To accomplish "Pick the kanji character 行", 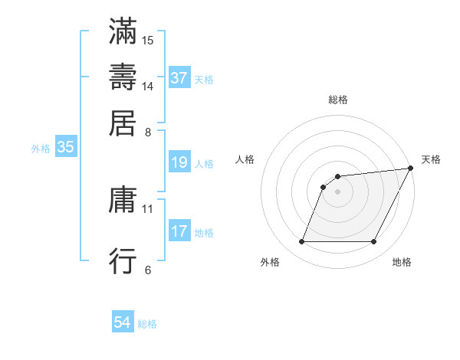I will tap(123, 261).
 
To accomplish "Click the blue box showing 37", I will tap(179, 78).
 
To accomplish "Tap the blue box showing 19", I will tap(179, 162).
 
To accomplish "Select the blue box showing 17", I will tap(179, 231).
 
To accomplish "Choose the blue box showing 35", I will tap(65, 148).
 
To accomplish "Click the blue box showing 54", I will tap(123, 322).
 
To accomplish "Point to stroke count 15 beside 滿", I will tap(148, 39).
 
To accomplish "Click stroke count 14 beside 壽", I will tap(148, 87).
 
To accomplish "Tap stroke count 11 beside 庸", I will tap(148, 208).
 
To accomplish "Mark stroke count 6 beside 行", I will tap(148, 270).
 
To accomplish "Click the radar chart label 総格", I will tap(338, 100).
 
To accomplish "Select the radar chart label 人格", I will tap(245, 159).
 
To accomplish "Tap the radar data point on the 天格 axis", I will tap(411, 169).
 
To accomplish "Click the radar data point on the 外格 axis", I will tap(301, 242).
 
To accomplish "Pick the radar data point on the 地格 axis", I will tap(374, 242).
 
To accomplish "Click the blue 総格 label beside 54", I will tap(148, 324).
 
